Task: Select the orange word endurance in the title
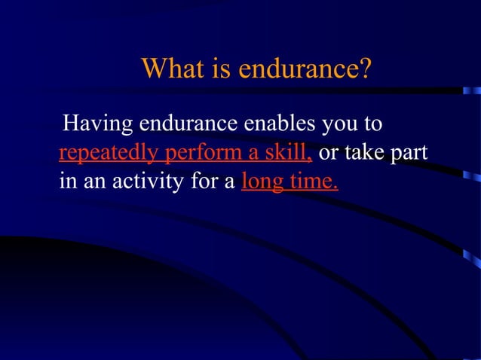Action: click(x=298, y=71)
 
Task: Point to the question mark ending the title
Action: click(x=366, y=71)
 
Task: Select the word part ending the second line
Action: click(x=409, y=154)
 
